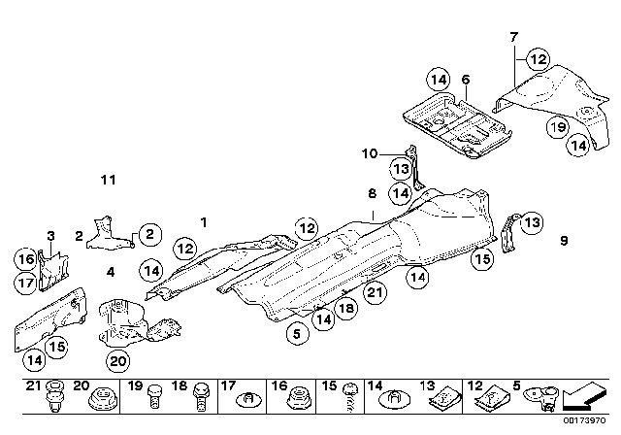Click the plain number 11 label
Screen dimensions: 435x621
tap(108, 180)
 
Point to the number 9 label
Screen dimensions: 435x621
tap(563, 240)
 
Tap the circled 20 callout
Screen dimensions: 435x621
tap(117, 362)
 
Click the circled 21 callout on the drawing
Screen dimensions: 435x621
tap(376, 291)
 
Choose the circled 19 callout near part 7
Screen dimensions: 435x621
tap(556, 125)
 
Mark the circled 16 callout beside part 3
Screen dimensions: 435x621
tap(25, 259)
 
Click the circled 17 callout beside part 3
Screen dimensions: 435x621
tap(25, 283)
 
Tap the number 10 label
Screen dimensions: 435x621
tap(369, 152)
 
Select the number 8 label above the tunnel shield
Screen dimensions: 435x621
tap(372, 194)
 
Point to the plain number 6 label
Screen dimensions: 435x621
tap(466, 79)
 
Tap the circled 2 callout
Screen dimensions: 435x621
tap(147, 233)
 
